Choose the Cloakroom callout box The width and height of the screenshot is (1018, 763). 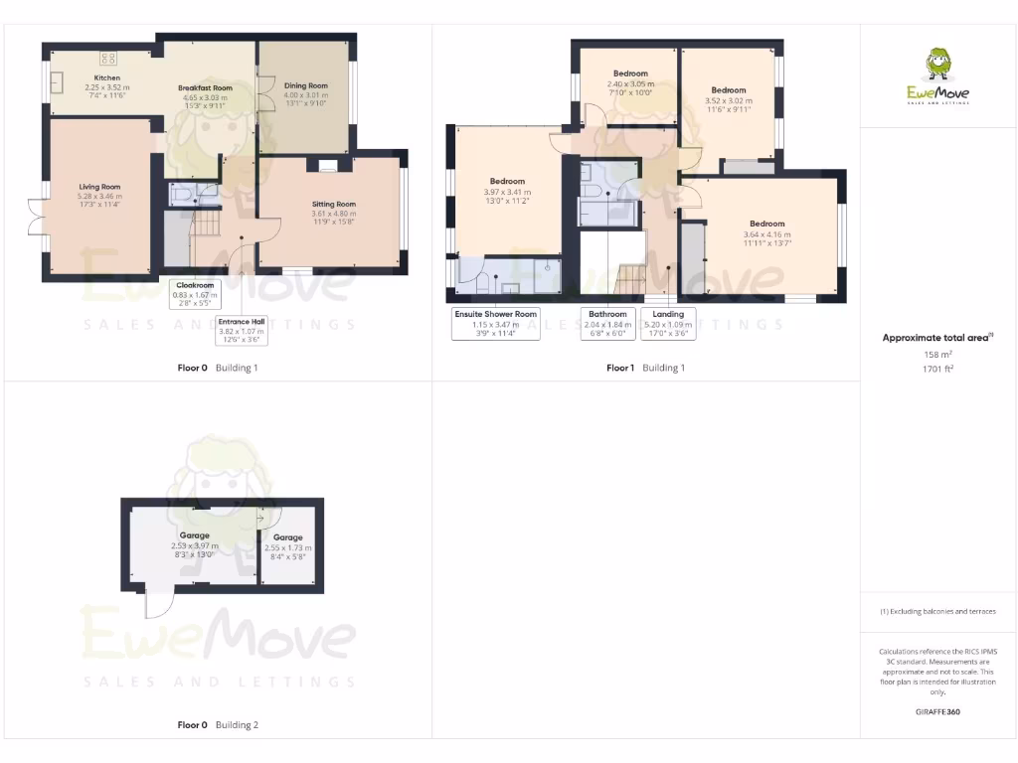pos(196,295)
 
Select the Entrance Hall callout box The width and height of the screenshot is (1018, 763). pos(242,331)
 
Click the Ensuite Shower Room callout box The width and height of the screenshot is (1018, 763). pos(496,324)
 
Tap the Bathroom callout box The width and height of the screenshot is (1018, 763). pos(606,324)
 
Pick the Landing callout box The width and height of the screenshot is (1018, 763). pos(668,324)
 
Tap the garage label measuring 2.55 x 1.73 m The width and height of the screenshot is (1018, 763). pos(288,547)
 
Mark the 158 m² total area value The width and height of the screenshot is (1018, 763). pos(937,355)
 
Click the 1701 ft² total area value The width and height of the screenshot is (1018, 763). pos(937,369)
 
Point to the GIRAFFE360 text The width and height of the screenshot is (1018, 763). pos(937,712)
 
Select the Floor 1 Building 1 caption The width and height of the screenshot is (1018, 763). pos(645,368)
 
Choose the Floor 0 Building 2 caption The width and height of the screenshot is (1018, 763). pos(217,725)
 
